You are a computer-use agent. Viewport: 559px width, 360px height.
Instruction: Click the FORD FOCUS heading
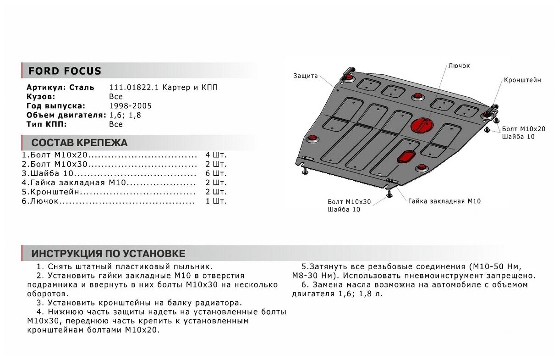pos(65,71)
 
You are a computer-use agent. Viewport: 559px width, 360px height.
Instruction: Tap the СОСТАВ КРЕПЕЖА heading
pos(79,143)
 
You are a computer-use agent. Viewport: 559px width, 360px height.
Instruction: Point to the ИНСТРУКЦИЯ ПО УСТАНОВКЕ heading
pos(108,254)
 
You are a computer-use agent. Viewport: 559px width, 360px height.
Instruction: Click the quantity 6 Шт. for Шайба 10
pos(216,173)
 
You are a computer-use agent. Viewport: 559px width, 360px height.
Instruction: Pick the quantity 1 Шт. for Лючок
pos(216,201)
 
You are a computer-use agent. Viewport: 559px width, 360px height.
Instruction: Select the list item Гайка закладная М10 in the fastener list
pos(76,183)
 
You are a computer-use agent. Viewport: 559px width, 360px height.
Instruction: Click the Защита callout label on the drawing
pos(305,76)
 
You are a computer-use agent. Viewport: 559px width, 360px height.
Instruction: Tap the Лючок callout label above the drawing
pos(459,66)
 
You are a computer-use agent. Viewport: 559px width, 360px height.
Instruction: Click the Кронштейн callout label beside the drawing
pos(522,80)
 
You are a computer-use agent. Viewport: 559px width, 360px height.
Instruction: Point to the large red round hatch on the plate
pos(421,125)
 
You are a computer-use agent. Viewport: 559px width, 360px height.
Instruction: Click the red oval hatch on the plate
pos(406,156)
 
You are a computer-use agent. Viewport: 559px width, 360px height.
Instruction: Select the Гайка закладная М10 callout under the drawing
pos(444,201)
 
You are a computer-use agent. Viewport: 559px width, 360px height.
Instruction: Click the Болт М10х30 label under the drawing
pos(349,202)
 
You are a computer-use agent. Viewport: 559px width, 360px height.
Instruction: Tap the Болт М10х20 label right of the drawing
pos(523,129)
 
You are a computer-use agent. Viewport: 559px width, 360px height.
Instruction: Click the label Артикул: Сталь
pos(60,88)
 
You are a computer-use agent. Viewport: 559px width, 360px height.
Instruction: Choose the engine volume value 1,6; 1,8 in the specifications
pos(125,115)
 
